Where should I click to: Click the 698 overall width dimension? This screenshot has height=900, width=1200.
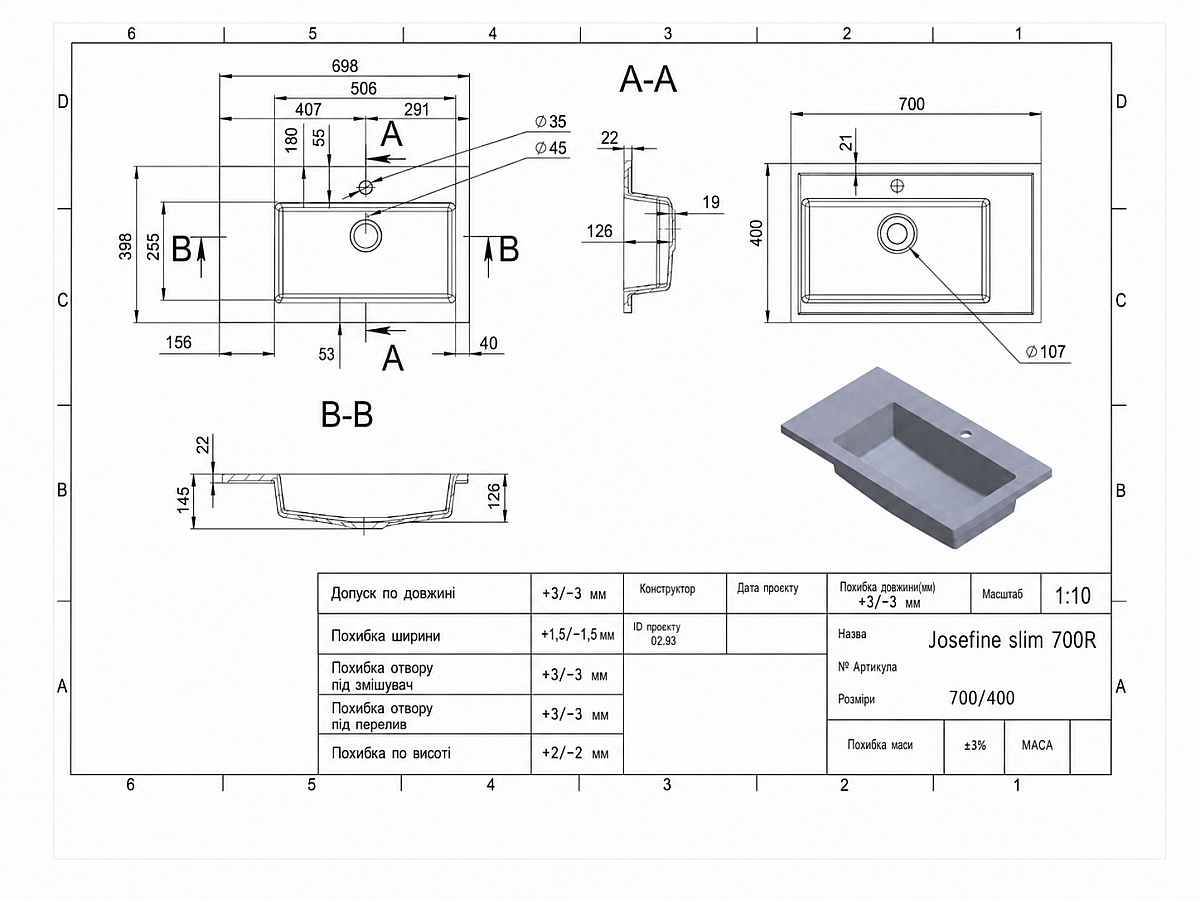coord(344,66)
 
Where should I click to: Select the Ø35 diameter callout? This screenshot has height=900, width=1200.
coord(551,121)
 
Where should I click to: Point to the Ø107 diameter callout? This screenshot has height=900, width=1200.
coord(1045,352)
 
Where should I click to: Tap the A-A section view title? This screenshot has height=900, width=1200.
coord(648,80)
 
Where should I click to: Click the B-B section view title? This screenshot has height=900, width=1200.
coord(347,414)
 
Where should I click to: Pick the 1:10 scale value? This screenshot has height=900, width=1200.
coord(1073,596)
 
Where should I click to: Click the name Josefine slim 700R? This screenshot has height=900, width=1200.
coord(1012,640)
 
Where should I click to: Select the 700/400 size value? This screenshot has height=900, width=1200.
coord(982,698)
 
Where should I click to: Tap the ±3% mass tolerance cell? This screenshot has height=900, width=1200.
coord(975,745)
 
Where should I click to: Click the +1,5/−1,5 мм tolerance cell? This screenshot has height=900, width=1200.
coord(577,634)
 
